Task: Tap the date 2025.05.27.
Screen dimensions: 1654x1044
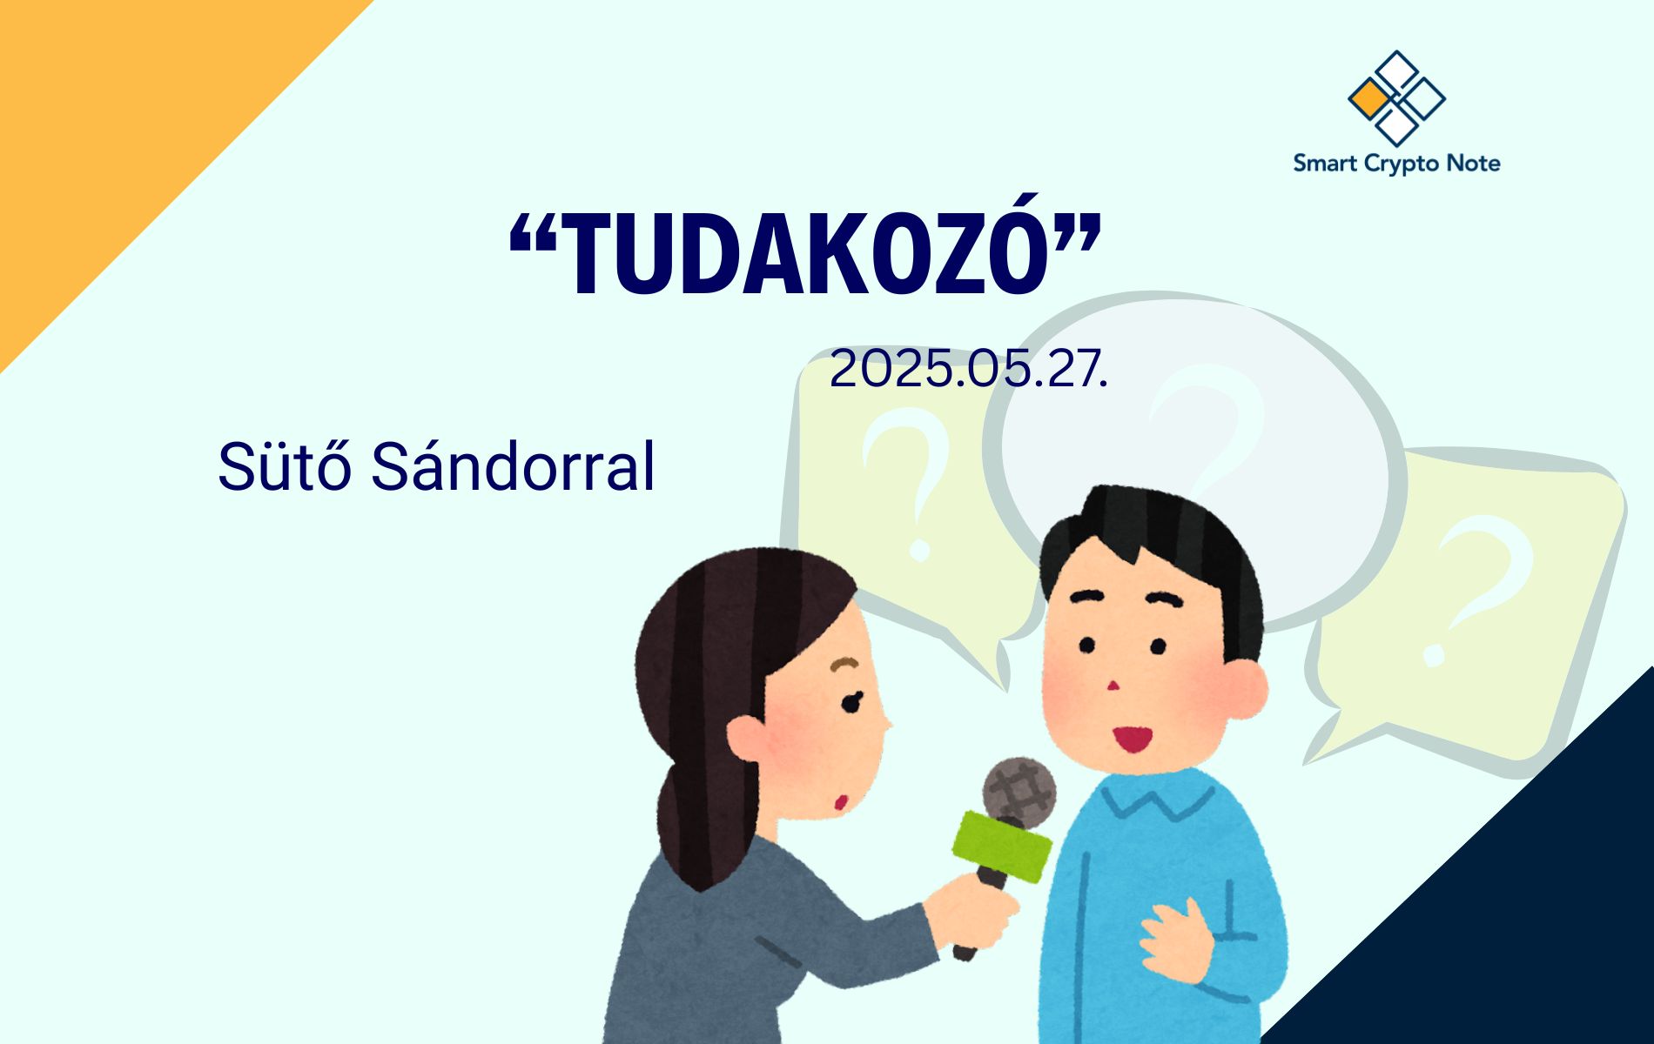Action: point(969,369)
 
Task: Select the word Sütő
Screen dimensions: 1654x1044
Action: point(285,466)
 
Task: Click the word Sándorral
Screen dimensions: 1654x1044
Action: point(513,466)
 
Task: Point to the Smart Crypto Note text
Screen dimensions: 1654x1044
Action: point(1396,164)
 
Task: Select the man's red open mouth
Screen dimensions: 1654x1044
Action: point(1133,738)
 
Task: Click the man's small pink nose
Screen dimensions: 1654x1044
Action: point(1112,686)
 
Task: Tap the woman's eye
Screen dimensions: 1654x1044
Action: point(851,700)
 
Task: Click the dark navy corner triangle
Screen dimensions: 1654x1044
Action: point(1515,905)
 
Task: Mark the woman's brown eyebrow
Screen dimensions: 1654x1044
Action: point(844,665)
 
